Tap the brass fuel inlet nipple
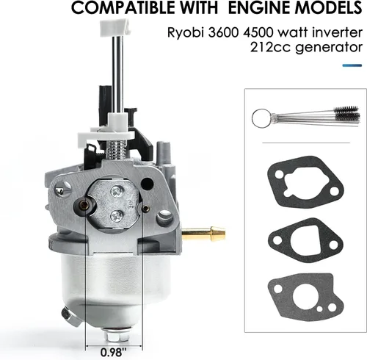(x=203, y=233)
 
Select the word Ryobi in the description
(x=186, y=33)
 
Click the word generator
(x=328, y=48)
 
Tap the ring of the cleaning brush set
(x=261, y=118)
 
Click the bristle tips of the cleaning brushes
(x=346, y=113)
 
